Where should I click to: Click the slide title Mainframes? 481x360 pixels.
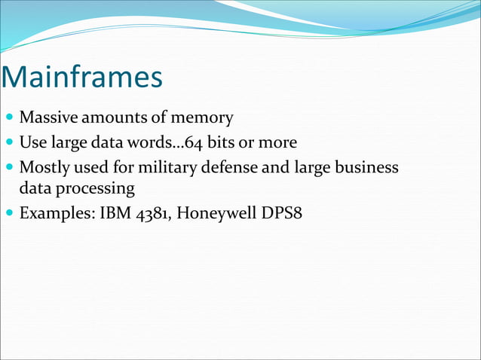coord(82,78)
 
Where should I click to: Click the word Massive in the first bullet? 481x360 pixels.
coord(47,118)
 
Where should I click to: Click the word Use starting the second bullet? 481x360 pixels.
coord(32,142)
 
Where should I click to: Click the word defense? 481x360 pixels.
coord(227,166)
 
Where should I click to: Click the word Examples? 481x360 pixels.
coord(57,212)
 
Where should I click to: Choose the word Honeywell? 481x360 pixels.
coord(216,212)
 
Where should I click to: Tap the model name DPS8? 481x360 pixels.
coord(278,212)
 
